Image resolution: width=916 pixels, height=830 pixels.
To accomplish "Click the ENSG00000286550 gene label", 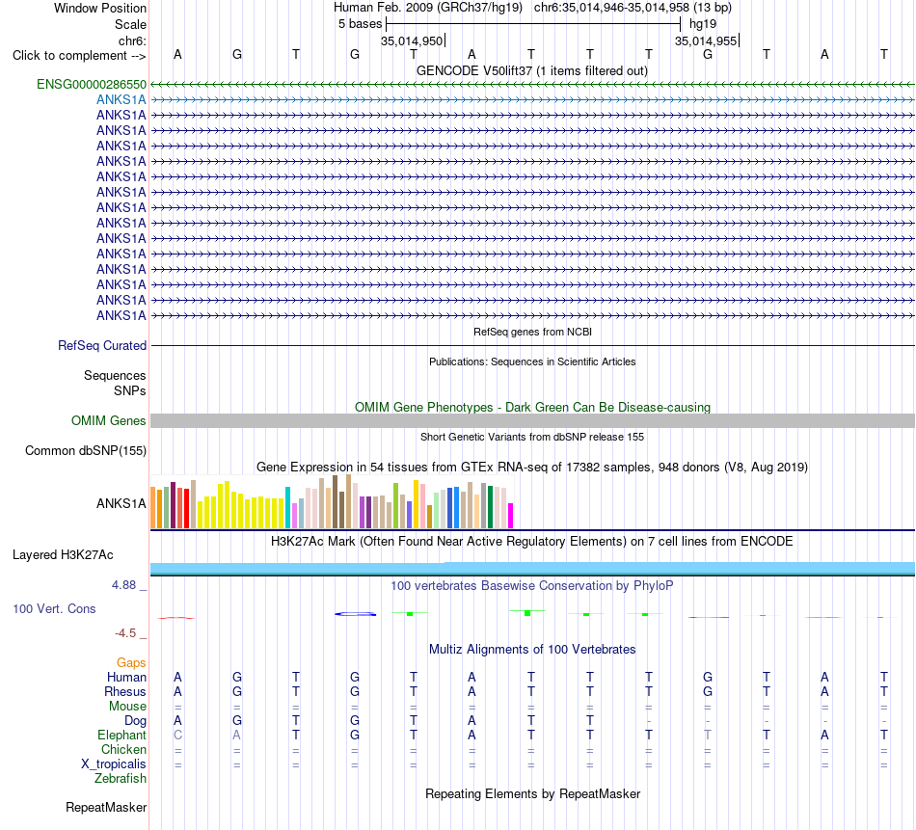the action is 92,84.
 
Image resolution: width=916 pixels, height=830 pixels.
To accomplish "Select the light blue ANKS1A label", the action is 121,100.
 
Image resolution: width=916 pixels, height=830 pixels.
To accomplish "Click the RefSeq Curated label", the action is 102,346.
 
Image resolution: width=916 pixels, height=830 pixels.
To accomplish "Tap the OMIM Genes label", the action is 109,420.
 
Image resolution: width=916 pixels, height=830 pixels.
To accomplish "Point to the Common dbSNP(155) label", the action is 86,451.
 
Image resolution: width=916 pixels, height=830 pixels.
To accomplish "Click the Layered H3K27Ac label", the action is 63,555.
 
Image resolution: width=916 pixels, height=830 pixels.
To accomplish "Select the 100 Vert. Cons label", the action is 54,608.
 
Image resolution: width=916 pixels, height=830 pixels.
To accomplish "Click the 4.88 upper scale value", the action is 123,585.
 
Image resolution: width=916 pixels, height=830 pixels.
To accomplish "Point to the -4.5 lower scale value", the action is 125,633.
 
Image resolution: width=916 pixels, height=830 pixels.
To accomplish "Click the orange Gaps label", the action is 131,662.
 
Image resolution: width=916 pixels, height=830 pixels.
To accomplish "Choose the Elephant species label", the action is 121,736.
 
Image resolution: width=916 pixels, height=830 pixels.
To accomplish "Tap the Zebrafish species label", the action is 121,779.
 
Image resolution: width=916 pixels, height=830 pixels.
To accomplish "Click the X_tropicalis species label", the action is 114,764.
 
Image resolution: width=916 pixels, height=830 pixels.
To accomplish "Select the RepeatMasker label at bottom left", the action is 106,807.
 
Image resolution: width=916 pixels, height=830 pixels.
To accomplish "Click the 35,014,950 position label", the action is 412,40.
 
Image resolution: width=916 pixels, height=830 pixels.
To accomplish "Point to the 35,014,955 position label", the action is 706,40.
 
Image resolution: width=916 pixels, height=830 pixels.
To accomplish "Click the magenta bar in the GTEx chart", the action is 511,516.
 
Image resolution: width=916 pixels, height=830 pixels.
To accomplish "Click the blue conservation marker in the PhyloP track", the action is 355,614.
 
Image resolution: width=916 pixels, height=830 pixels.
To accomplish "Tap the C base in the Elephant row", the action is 177,736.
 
